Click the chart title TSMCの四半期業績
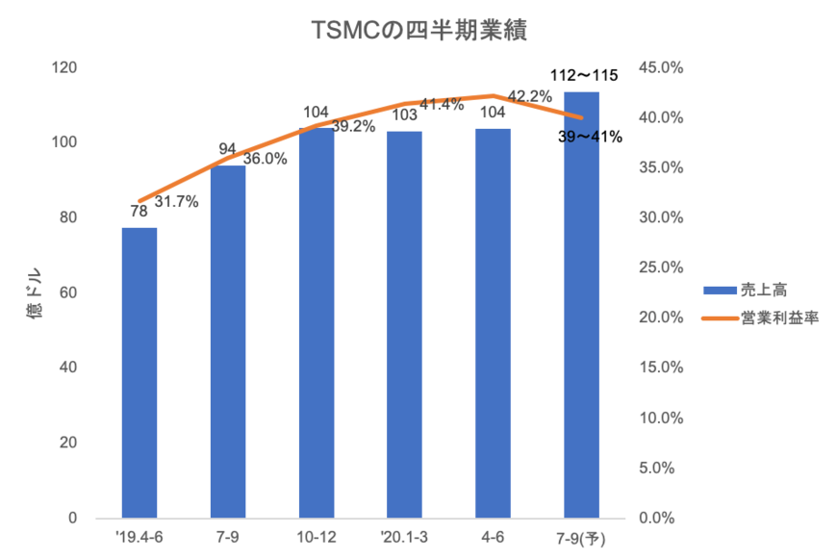coord(420,31)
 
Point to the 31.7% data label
coord(176,202)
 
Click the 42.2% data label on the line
coord(528,94)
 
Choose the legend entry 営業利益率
coord(779,318)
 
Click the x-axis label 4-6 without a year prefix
coord(493,536)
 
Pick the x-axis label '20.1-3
coord(404,536)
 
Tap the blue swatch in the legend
coord(718,290)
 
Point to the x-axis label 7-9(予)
coord(581,536)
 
